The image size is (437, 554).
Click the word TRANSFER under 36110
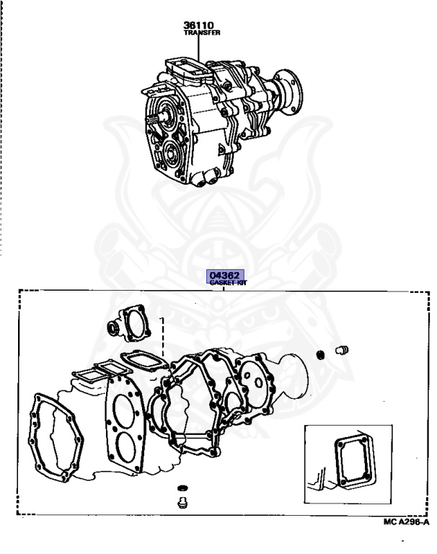202,33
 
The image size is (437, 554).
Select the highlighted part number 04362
224,275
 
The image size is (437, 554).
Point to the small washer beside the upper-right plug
320,354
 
